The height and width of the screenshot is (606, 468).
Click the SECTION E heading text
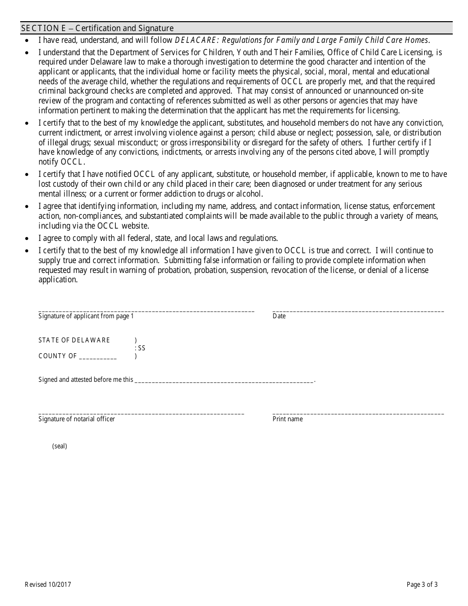97,29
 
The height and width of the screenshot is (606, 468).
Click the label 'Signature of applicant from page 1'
86,316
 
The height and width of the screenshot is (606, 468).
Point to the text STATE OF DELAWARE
74,340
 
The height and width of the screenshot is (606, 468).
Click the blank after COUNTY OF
98,357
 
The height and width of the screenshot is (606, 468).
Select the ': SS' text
140,348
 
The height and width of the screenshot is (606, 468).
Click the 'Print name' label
288,419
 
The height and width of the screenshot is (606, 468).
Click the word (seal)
60,446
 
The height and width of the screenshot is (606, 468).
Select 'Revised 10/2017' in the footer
48,585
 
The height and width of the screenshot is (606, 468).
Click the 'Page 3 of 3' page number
422,585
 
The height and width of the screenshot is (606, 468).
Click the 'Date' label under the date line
279,316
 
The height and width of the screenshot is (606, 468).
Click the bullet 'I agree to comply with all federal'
158,238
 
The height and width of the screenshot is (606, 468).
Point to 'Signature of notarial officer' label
77,419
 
